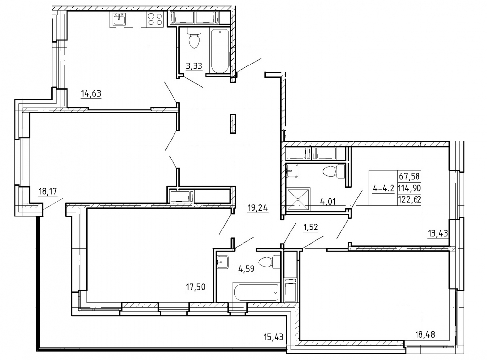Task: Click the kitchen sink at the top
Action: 119,20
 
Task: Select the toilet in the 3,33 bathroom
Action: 194,38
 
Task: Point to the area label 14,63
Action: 91,93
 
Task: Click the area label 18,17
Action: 48,191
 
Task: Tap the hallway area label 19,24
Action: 258,208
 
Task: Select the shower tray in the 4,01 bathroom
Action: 298,198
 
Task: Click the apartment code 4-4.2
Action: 383,188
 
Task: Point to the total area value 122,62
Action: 410,199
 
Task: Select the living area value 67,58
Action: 409,177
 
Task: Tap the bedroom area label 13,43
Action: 438,233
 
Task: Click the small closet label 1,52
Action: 311,228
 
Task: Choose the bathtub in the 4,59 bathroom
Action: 256,292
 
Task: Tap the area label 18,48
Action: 425,334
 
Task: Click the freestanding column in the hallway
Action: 233,124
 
